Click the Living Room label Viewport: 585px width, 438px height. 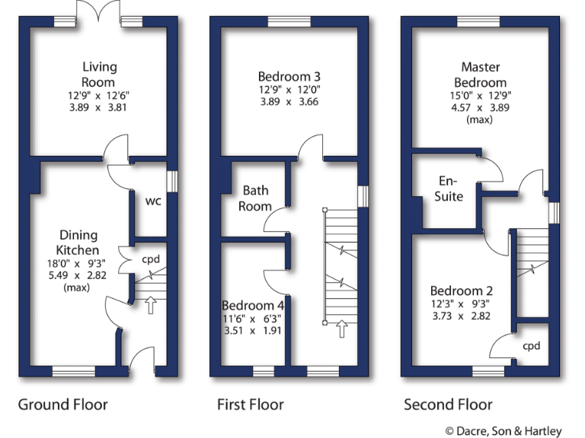(98, 75)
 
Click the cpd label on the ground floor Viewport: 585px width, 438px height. (151, 258)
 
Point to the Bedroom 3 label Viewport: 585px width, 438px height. (289, 76)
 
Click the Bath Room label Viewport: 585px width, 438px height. (255, 198)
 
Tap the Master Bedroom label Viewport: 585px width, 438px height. (480, 75)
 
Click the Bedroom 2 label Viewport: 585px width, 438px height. (462, 291)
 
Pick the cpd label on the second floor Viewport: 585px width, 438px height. (531, 345)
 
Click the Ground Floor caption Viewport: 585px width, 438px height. (62, 405)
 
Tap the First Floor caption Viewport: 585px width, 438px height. (250, 405)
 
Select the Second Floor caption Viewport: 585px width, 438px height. (448, 405)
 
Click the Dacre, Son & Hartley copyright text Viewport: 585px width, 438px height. (507, 430)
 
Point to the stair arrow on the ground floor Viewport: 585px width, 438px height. (150, 305)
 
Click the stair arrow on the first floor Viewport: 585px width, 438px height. (342, 328)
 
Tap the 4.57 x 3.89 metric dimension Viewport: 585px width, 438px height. (480, 107)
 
